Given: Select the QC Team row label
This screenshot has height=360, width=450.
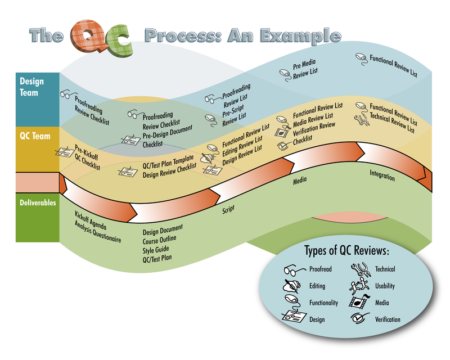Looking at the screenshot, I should (x=31, y=136).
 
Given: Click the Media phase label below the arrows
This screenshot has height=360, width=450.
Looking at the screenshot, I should (x=300, y=182).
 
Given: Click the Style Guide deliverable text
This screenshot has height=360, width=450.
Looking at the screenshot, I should (x=156, y=251).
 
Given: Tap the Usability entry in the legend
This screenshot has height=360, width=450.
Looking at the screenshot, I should (x=385, y=286).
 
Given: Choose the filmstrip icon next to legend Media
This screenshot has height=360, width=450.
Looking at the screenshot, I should (x=358, y=303).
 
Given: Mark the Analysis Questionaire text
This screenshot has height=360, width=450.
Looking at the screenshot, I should (x=98, y=229).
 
